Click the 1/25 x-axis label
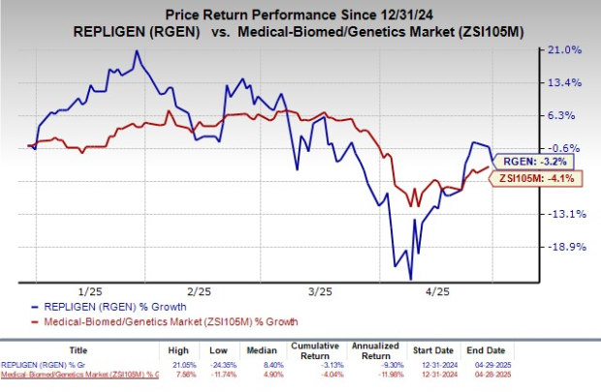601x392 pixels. [x=90, y=290]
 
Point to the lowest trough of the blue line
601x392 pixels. [x=395, y=266]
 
